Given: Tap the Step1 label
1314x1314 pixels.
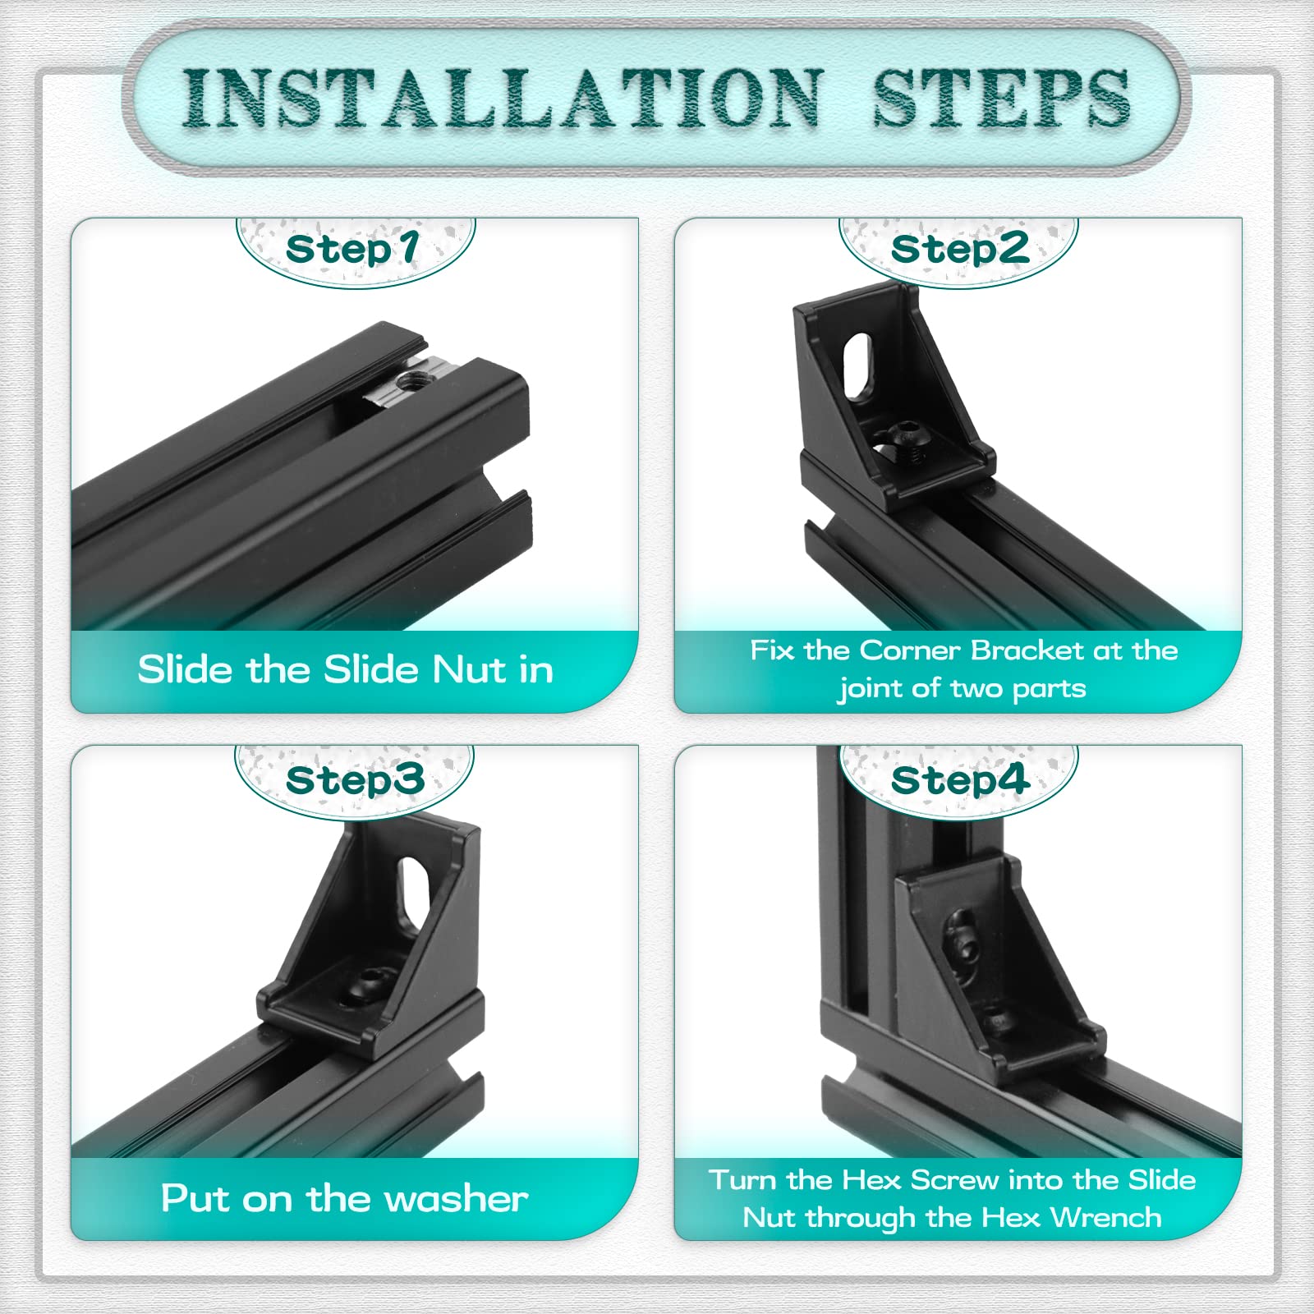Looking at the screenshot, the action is tap(353, 250).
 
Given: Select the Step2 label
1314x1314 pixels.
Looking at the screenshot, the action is tap(959, 249).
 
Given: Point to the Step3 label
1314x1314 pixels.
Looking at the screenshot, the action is tap(355, 779).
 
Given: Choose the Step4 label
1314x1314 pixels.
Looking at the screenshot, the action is tap(959, 779).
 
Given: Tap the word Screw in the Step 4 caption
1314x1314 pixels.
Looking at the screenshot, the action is tap(955, 1180).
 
